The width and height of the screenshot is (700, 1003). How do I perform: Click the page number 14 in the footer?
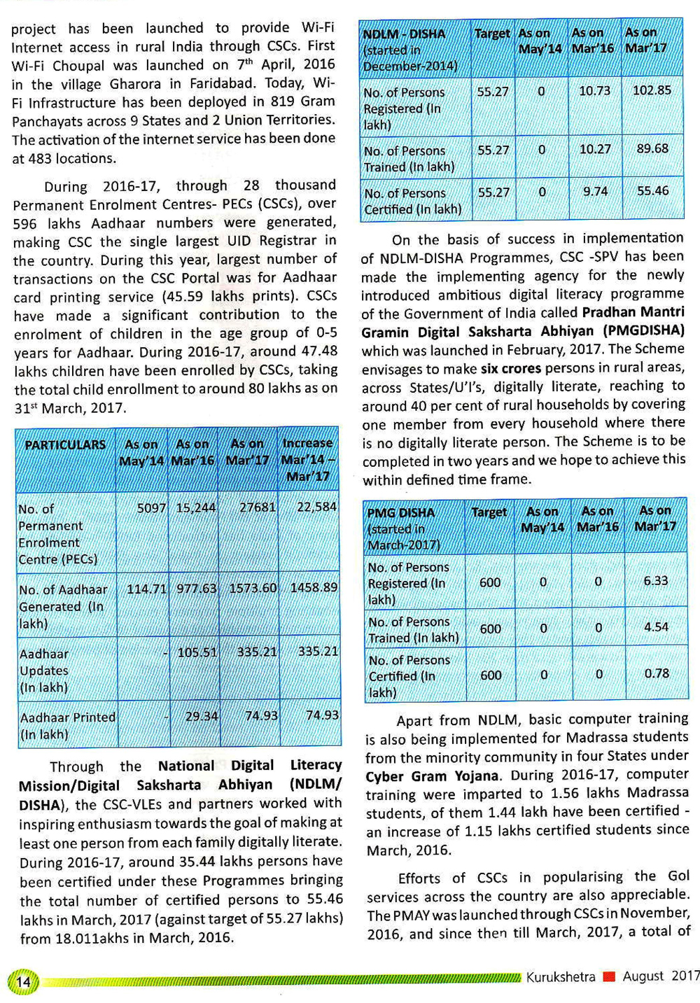(x=23, y=981)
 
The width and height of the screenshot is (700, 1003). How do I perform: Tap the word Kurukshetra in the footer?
(x=561, y=976)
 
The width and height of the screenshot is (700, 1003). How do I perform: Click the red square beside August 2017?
(x=609, y=976)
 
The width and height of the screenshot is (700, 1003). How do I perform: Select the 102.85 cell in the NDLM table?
(x=652, y=90)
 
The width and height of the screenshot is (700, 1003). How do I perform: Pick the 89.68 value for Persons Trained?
(x=652, y=149)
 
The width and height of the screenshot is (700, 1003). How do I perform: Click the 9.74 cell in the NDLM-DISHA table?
(x=595, y=191)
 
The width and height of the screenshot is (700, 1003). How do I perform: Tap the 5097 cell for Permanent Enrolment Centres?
(x=151, y=507)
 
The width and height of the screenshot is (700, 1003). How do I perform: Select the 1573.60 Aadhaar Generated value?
(x=253, y=588)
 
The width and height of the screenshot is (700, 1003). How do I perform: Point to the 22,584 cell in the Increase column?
(x=316, y=506)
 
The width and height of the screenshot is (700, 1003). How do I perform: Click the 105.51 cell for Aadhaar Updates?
(x=197, y=652)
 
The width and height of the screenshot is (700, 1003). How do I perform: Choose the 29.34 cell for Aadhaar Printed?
(x=202, y=715)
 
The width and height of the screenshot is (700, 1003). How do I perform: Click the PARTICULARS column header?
(x=65, y=445)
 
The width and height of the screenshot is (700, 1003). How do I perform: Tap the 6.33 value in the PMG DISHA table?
(x=655, y=581)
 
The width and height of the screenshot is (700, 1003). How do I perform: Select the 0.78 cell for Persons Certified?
(x=656, y=673)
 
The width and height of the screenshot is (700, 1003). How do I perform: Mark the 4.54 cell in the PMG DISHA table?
(x=656, y=627)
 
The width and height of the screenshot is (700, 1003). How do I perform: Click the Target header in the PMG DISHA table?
(x=489, y=512)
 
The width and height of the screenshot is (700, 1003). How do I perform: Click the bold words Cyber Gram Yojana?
(x=432, y=776)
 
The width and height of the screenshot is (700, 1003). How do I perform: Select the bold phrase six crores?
(x=510, y=367)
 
